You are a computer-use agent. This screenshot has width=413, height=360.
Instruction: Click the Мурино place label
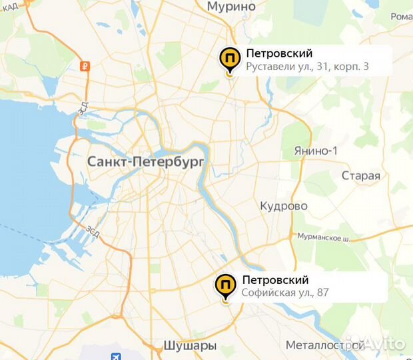231,7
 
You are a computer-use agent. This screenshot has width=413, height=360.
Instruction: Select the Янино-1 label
316,151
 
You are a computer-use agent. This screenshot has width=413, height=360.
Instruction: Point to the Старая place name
360,176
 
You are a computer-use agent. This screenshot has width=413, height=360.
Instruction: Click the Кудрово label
284,205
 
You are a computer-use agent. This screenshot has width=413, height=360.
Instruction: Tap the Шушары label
190,345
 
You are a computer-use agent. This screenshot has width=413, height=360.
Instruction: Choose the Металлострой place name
324,345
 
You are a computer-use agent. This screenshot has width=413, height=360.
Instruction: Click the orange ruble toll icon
84,65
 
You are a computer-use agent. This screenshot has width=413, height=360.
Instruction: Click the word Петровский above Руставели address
279,53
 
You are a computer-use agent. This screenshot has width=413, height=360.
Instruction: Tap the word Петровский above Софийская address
275,279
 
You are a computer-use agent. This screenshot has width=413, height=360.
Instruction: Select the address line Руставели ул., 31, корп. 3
307,67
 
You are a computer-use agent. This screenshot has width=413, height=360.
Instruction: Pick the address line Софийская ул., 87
285,292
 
